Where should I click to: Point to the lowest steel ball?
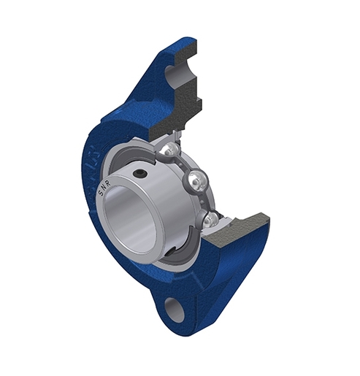(210, 218)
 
